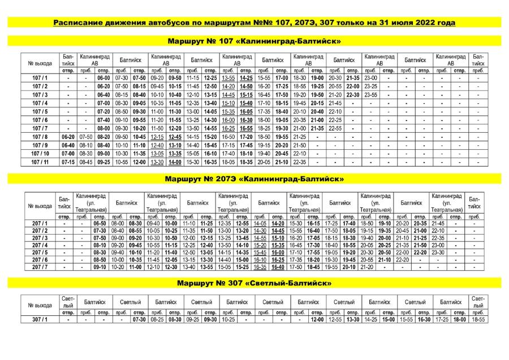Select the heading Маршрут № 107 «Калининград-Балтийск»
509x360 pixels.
(254, 41)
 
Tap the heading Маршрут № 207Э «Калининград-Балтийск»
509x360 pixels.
(254, 179)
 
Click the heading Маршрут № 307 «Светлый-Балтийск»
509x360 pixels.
(254, 283)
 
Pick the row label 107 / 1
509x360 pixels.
(40, 77)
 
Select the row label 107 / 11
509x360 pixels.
(40, 162)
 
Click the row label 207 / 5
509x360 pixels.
(40, 252)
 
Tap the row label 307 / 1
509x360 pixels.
(40, 320)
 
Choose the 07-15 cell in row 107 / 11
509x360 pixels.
(68, 162)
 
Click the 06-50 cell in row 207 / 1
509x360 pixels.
(100, 224)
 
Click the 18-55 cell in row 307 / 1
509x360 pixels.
(477, 320)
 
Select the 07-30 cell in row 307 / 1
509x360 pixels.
(139, 320)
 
